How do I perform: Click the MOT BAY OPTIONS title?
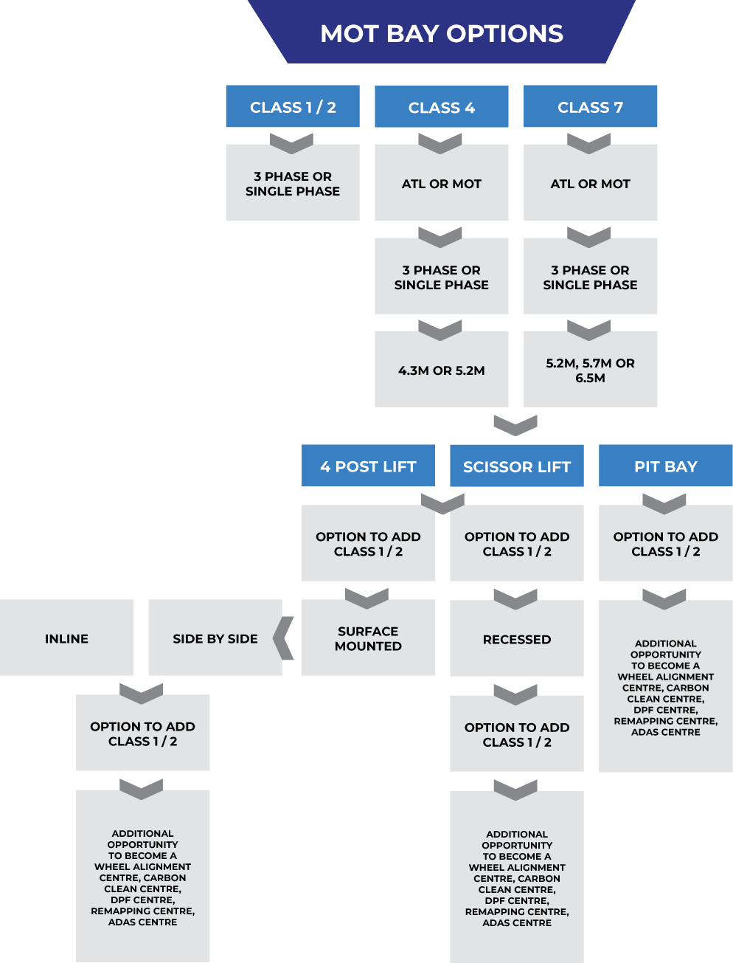tap(441, 33)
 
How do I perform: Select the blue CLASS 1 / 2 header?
tap(292, 107)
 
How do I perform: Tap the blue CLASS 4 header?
tap(441, 107)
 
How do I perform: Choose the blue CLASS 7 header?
tap(590, 107)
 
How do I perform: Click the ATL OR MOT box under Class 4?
tap(441, 183)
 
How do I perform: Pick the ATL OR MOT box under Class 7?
tap(590, 183)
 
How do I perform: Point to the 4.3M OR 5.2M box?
tap(441, 370)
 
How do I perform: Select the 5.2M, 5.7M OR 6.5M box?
tap(590, 370)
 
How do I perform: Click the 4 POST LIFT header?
tap(368, 466)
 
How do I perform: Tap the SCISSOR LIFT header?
tap(516, 466)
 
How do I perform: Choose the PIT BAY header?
tap(665, 466)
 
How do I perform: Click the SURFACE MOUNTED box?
tap(368, 638)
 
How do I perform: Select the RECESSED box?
tap(516, 639)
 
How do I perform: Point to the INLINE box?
tap(66, 638)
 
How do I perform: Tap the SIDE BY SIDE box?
tap(215, 638)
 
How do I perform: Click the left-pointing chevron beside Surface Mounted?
tap(284, 638)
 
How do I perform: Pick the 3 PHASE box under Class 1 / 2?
tap(292, 183)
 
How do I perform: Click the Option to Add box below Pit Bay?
tap(665, 543)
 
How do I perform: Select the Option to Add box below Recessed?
tap(516, 734)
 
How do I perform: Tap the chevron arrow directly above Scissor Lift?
tap(515, 425)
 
